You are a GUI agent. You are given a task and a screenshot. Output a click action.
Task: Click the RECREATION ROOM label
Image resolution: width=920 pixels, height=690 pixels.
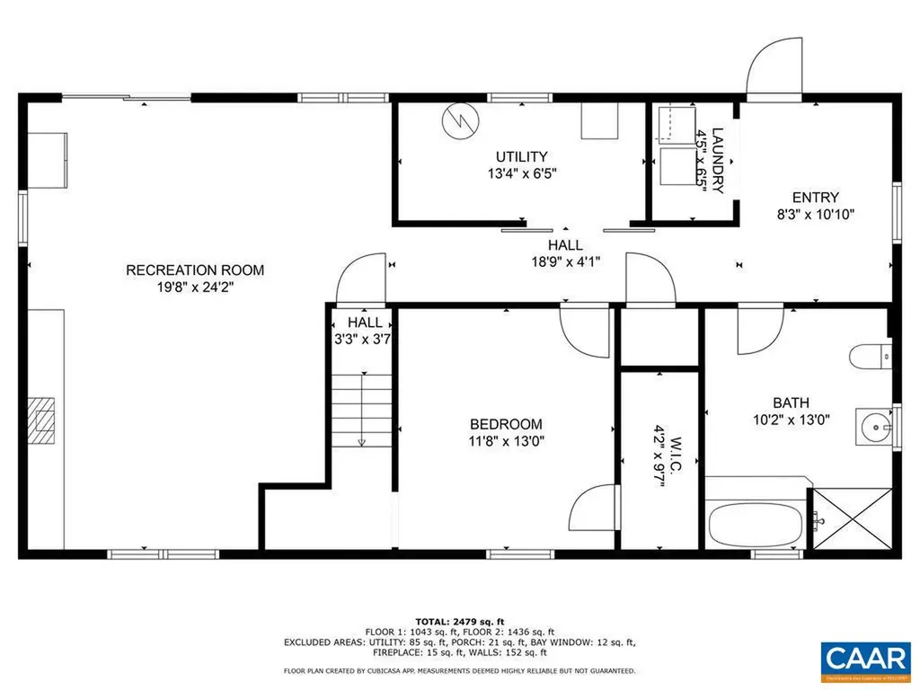pos(195,270)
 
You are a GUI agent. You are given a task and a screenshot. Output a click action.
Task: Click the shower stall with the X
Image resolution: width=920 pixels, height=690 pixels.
pos(851,519)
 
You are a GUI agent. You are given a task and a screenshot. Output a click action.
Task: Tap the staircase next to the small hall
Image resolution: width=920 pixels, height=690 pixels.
pos(361,409)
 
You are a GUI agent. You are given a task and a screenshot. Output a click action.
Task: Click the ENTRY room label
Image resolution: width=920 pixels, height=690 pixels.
pos(815,198)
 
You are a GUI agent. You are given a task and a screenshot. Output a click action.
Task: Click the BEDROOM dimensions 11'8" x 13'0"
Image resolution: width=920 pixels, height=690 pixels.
pos(507,441)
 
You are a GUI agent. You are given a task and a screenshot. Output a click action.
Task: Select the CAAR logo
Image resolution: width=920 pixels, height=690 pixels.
pos(865,657)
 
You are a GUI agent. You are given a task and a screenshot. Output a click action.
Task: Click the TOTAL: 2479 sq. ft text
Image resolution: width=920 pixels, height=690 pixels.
pos(460,621)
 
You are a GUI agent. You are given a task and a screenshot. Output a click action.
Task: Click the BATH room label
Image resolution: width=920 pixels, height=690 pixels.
pos(791,402)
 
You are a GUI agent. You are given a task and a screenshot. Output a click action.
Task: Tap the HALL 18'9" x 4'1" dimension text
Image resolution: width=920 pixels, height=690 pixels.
pos(565,261)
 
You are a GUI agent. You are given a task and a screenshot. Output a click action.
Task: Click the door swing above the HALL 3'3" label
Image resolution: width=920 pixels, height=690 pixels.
pos(361,280)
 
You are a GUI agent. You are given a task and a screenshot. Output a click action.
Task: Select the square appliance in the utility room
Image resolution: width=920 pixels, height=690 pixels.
pos(599,121)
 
